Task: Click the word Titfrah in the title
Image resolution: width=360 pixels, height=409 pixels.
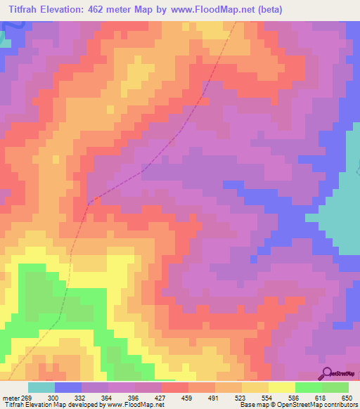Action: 27,11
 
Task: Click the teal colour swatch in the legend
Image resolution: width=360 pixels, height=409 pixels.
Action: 41,387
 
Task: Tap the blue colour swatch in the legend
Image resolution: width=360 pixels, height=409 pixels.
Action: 68,387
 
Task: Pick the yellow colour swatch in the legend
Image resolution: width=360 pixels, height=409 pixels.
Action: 282,387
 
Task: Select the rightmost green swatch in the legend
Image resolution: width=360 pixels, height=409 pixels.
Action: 335,387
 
